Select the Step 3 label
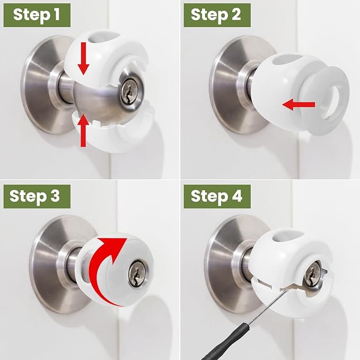[35, 196]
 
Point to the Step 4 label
[216, 196]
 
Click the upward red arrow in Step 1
[83, 130]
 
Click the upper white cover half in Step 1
[114, 48]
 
